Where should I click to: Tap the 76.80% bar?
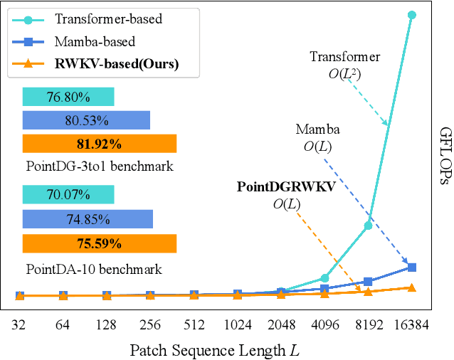[x=68, y=96]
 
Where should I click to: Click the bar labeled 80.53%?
[x=86, y=120]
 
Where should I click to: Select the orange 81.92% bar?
[x=100, y=144]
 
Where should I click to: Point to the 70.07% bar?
[x=68, y=194]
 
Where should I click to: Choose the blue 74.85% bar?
[x=88, y=219]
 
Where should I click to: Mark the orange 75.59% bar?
[x=100, y=243]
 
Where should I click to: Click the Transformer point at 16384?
[x=412, y=14]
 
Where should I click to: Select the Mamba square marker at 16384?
[x=412, y=268]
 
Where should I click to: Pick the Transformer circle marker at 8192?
[x=369, y=226]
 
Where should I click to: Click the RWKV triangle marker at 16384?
[x=412, y=287]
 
